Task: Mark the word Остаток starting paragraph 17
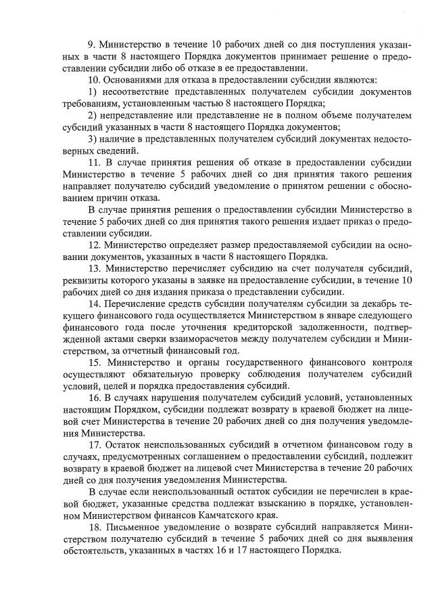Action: point(128,444)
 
